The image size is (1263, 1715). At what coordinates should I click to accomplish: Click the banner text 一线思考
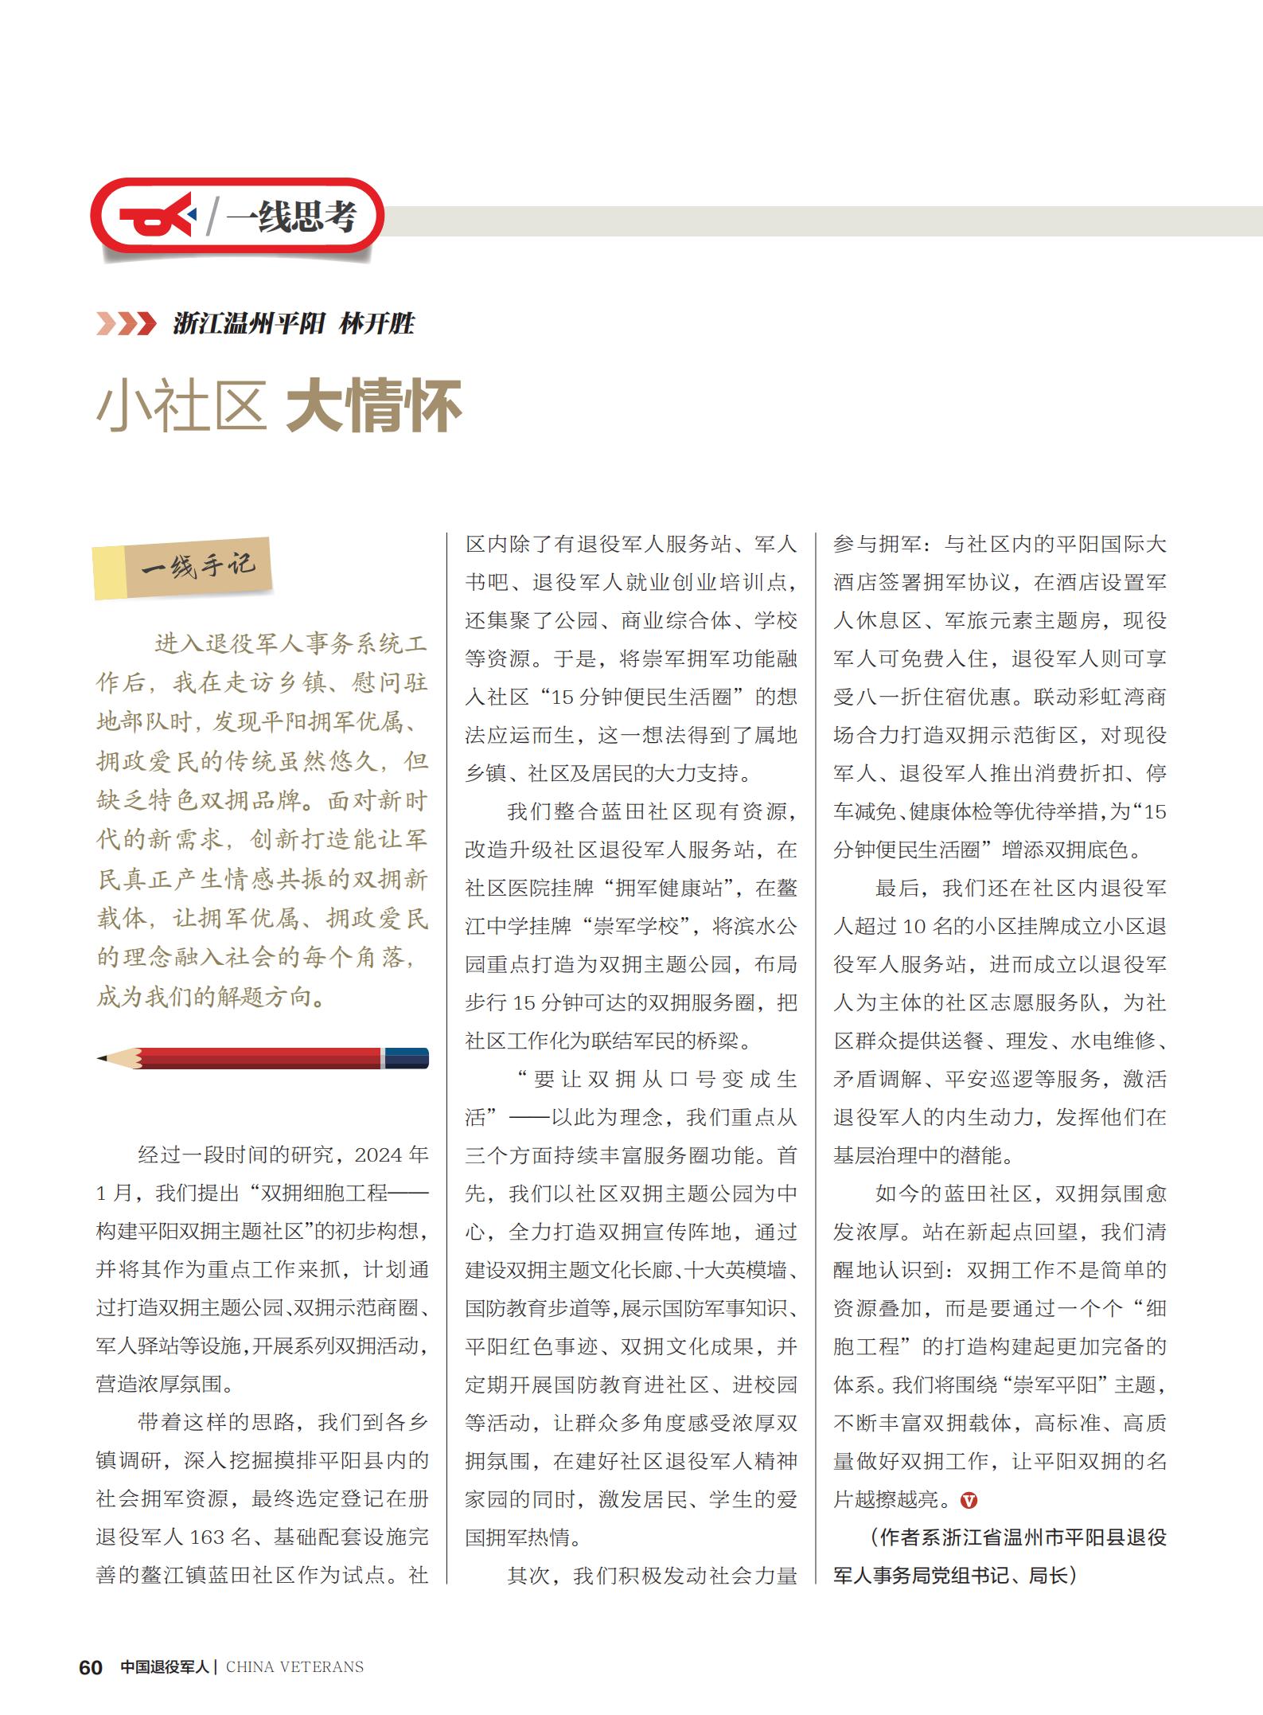(291, 216)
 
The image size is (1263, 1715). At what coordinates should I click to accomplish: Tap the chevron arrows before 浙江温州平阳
(126, 323)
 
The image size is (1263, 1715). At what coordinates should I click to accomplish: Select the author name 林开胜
(376, 323)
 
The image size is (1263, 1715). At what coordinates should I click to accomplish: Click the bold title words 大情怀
(374, 405)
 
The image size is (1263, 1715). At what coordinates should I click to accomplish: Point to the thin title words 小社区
(181, 405)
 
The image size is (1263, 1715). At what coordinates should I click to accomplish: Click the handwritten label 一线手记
(198, 566)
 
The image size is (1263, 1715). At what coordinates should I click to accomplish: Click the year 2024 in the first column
(378, 1155)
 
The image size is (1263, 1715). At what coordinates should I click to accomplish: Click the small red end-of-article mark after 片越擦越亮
(969, 1501)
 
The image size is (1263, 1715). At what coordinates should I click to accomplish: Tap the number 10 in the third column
(914, 927)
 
